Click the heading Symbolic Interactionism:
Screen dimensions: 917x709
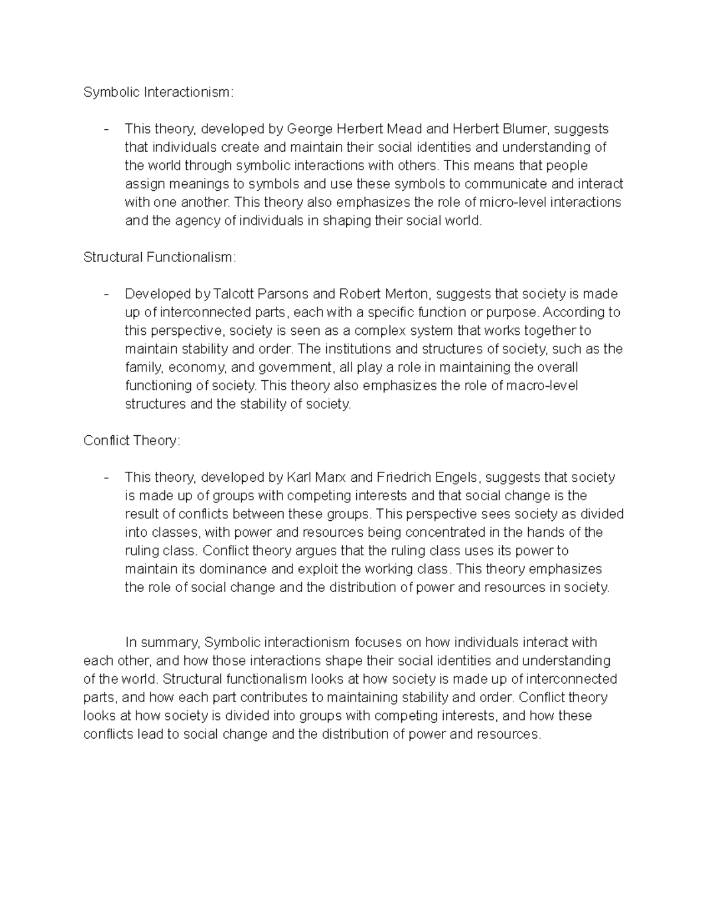158,92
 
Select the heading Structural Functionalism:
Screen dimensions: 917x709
160,257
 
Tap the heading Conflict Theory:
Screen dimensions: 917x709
131,441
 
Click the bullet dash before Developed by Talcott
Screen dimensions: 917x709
106,294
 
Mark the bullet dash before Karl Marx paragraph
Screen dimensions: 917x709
106,477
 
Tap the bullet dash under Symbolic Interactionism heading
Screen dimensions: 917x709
106,129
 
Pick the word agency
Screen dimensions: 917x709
171,221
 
